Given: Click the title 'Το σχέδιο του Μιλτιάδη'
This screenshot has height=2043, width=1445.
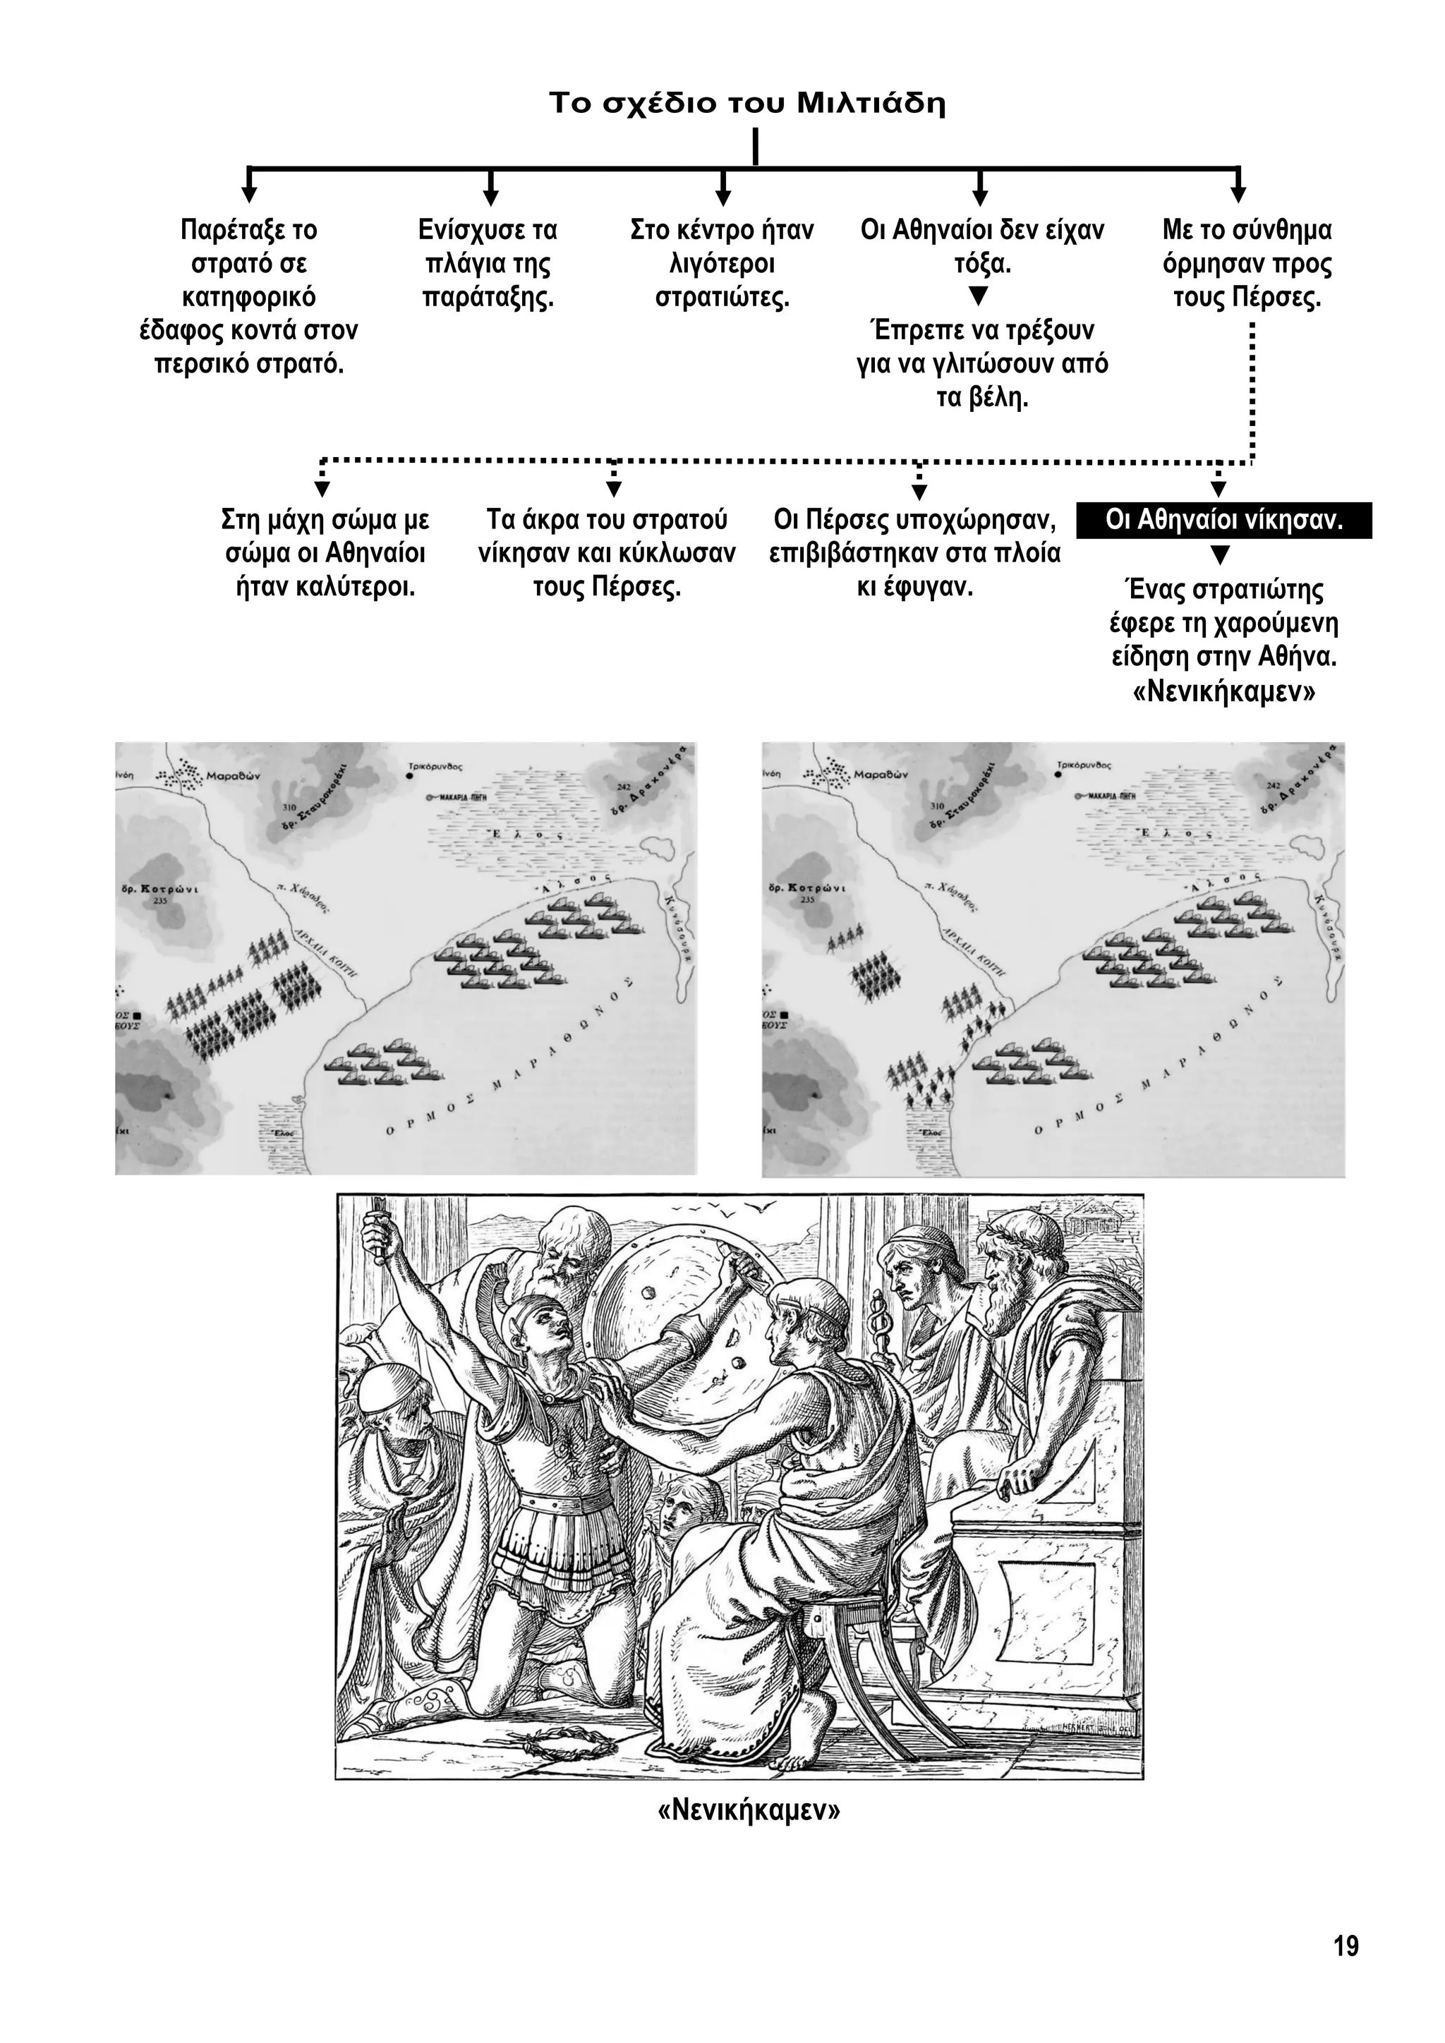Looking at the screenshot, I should [x=746, y=103].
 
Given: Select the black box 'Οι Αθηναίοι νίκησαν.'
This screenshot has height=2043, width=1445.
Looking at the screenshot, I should [x=1223, y=521].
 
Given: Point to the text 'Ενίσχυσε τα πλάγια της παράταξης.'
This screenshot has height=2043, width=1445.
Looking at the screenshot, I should [x=488, y=263].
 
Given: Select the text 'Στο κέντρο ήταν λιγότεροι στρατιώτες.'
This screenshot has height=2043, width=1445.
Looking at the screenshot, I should [x=722, y=263].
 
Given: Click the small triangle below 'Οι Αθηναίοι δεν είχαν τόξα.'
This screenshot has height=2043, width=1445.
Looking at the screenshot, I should [x=978, y=294].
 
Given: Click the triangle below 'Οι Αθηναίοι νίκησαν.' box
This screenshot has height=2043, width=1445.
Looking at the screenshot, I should [x=1221, y=555].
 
